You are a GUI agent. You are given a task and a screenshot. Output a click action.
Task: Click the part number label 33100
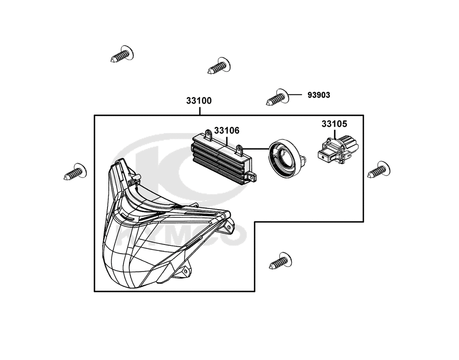click(x=199, y=101)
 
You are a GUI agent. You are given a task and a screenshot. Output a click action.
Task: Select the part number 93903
click(x=319, y=95)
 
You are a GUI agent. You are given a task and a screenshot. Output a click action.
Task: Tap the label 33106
click(x=227, y=130)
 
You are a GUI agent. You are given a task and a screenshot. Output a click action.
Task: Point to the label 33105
click(x=334, y=124)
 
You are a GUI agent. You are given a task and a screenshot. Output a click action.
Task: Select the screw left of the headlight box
click(x=75, y=172)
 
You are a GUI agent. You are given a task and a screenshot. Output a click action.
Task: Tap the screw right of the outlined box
click(x=379, y=170)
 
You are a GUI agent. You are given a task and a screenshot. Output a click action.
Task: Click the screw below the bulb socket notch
click(x=281, y=261)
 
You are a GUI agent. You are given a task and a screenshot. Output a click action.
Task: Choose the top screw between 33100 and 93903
click(x=219, y=66)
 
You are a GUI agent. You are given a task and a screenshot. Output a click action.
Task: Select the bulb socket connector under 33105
click(x=338, y=150)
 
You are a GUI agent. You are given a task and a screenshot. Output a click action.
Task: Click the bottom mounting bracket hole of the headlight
click(x=185, y=271)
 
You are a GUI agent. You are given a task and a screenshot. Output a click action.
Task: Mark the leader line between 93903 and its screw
click(x=295, y=95)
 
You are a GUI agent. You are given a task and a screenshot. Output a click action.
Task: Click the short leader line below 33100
click(x=200, y=111)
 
